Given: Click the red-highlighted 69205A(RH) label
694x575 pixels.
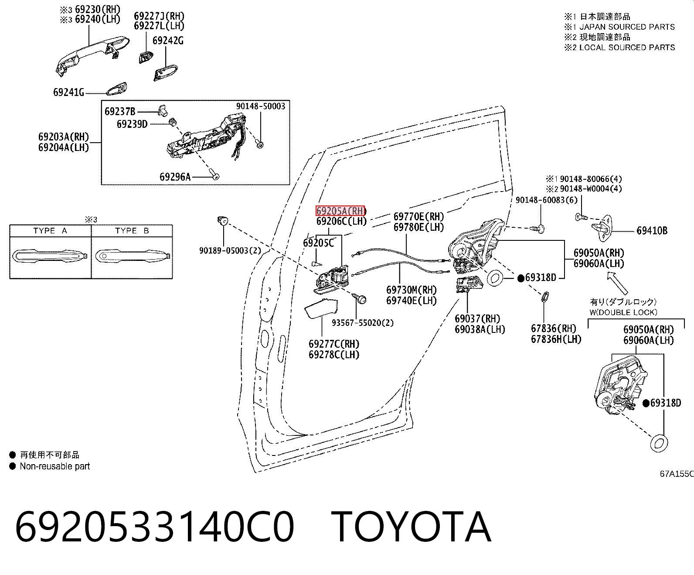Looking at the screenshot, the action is pos(340,211).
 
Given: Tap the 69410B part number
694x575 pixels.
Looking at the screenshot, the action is pos(652,231).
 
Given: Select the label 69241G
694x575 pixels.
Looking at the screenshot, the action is pos(68,92).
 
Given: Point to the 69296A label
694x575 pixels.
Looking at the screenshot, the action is pos(175,177).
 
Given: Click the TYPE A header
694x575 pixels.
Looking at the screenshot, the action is pos(50,231).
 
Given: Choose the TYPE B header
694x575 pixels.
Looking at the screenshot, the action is pos(132,231).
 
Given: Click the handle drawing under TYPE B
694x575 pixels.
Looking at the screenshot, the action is pos(133,256).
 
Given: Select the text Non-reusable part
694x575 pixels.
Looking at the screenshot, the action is pos(55,466).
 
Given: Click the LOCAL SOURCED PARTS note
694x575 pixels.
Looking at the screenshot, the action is pos(627,47).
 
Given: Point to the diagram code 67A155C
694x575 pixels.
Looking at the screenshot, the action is pos(677,474).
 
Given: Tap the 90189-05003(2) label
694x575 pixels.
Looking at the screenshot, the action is pos(230,250).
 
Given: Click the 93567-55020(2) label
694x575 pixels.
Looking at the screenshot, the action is pos(363,323).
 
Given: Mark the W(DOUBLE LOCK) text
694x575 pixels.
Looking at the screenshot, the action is pos(623,312).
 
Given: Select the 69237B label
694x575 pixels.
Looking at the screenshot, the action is pos(120,112).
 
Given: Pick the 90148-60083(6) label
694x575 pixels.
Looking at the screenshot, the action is pos(547,200).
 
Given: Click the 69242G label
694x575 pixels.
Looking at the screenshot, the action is pos(168,41).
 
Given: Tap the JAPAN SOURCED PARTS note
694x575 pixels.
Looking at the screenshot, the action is pos(627,27).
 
